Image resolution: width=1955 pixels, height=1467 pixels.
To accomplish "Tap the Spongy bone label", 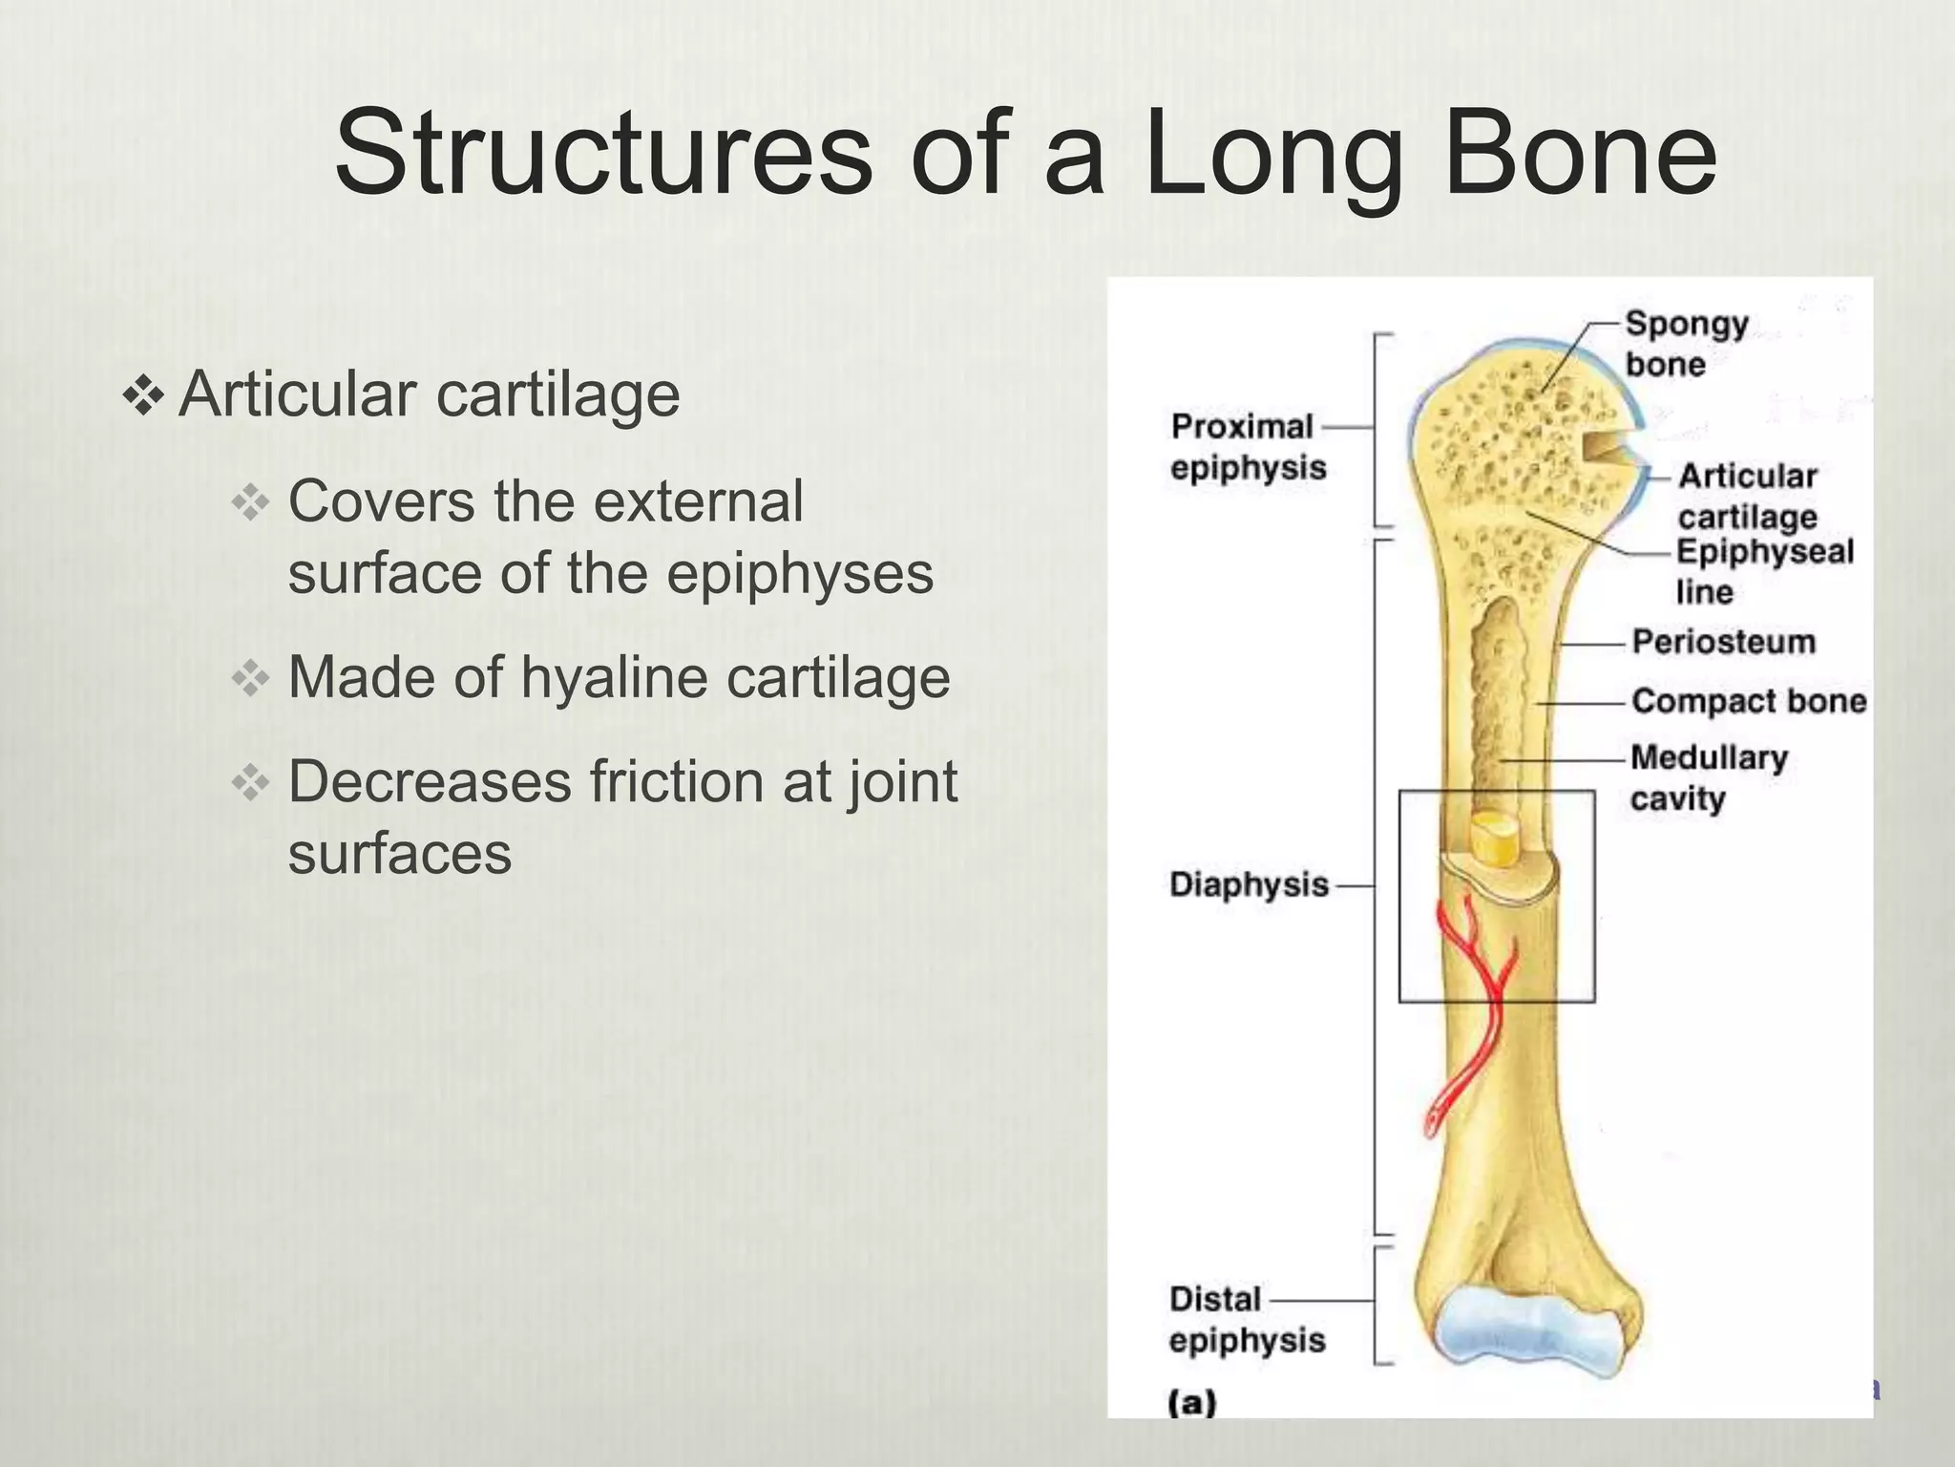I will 1686,343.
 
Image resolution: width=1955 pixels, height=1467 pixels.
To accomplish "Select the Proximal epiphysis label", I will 1247,446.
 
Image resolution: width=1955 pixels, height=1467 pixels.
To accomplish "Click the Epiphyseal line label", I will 1764,571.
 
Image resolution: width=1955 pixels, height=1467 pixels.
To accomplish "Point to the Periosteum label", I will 1723,642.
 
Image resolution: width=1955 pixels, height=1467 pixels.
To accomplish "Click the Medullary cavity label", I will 1708,777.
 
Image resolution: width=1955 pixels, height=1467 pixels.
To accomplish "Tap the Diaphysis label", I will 1249,884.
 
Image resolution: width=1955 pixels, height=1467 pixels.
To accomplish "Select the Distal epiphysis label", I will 1247,1319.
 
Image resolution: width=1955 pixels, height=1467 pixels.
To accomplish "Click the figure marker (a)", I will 1192,1402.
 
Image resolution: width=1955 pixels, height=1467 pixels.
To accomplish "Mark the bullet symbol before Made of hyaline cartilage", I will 251,679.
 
